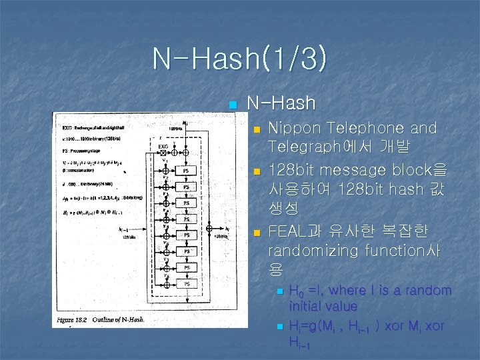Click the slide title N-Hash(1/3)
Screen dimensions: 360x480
tap(239, 59)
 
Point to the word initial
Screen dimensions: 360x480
tap(309, 306)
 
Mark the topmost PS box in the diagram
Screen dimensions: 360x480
tap(187, 171)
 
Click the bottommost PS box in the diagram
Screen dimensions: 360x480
tap(187, 283)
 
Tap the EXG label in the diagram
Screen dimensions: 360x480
tap(163, 145)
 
